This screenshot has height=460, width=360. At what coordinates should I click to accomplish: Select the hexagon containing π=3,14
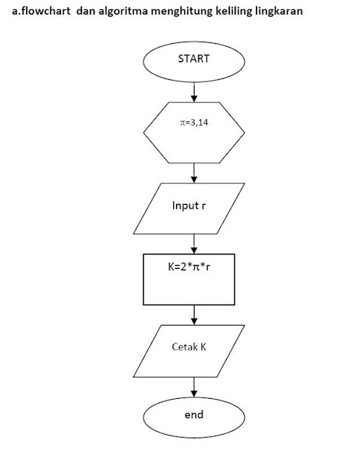194,133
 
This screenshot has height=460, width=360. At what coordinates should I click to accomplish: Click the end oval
194,415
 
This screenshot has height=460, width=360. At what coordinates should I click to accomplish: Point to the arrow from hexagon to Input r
194,172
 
